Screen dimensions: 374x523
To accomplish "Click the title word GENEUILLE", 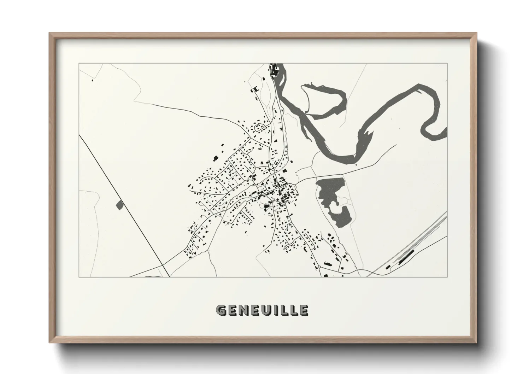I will pos(262,310).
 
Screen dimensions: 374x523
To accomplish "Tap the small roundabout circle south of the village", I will pos(319,267).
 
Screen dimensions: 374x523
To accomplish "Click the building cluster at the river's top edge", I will pos(274,71).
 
